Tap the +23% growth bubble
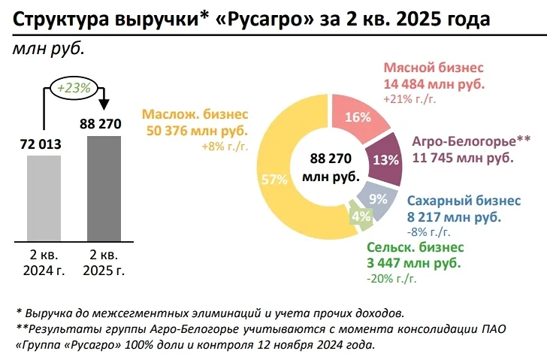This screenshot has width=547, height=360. point(74,87)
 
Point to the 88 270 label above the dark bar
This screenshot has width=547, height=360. point(99,123)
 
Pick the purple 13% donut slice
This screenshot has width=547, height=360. point(385,159)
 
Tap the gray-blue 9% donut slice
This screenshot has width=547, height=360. point(376,198)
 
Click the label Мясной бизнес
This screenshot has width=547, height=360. point(434,68)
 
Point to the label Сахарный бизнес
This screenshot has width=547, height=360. point(463,201)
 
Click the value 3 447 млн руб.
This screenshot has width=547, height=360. point(414,262)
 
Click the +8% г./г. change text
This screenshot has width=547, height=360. point(224,147)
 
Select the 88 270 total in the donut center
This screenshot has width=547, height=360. point(331,159)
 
